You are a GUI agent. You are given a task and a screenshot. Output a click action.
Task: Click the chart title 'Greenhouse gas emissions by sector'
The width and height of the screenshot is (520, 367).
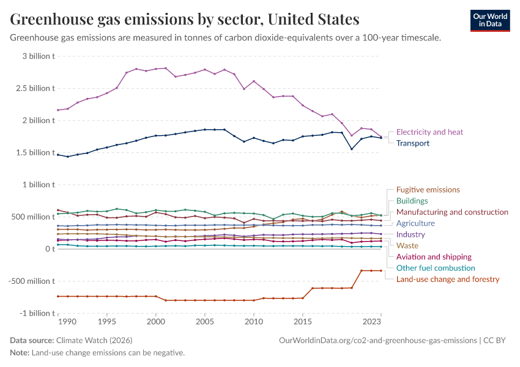(x=184, y=20)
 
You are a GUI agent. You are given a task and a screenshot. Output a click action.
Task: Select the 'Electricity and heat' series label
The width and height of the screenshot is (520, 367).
(x=429, y=132)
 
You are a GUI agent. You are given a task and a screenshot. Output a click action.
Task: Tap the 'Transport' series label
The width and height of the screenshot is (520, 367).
(x=413, y=143)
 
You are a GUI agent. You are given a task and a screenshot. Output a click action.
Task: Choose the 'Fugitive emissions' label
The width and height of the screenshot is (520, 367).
(x=428, y=190)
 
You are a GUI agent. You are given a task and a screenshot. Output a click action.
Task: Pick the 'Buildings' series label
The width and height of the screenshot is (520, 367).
(x=412, y=201)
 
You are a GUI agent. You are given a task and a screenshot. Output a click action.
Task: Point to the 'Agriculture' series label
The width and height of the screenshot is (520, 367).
(x=415, y=223)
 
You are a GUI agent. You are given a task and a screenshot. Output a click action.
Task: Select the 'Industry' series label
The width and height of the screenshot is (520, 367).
(x=410, y=234)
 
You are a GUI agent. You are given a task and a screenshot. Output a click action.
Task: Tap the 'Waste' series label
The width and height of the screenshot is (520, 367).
(x=407, y=245)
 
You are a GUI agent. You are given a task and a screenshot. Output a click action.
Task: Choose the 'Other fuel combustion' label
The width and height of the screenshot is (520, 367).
(x=436, y=268)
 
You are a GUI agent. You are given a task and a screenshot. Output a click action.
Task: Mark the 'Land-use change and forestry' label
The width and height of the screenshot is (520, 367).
(x=448, y=279)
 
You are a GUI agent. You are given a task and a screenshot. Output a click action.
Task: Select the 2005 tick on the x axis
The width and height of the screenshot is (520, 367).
(x=204, y=321)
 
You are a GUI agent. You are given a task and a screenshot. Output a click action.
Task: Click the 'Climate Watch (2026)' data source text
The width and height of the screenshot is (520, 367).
(x=94, y=340)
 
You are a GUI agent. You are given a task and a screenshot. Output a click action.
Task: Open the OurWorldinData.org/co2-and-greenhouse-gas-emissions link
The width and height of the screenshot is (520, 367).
(x=377, y=340)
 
